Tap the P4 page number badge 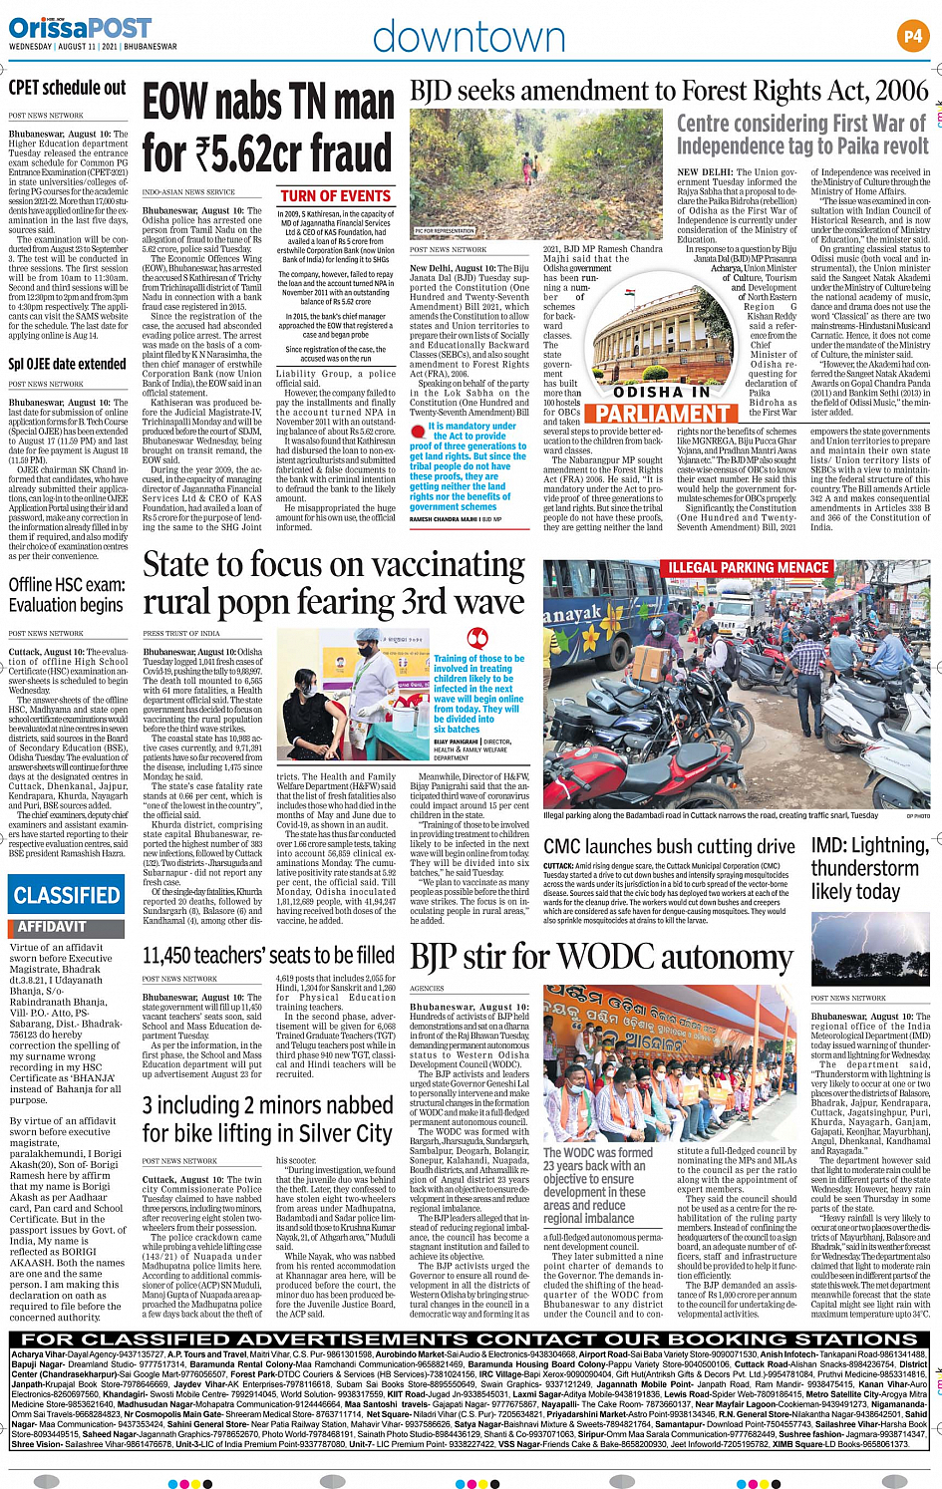click(912, 37)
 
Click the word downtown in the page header click(469, 38)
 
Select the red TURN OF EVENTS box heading click(335, 196)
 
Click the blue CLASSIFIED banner click(67, 895)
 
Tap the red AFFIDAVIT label click(52, 926)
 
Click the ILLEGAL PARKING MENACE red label click(748, 568)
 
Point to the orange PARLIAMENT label click(663, 412)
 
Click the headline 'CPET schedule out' click(67, 88)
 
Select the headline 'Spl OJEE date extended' click(67, 364)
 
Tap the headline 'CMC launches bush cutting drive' click(669, 846)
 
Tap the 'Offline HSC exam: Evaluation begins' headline click(67, 594)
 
